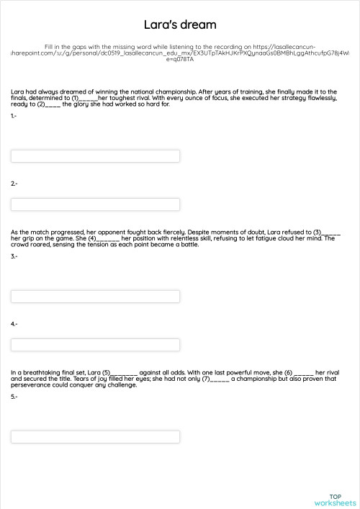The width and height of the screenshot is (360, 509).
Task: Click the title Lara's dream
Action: tap(180, 25)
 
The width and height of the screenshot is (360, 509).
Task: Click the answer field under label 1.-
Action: tap(95, 156)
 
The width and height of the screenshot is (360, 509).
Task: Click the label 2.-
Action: tap(14, 184)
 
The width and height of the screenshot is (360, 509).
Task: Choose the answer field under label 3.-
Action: tap(95, 297)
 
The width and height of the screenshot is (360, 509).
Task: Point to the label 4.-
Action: tap(14, 325)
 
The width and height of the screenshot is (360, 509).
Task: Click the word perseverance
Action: tap(32, 385)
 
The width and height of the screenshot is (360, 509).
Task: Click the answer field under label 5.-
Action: tap(95, 437)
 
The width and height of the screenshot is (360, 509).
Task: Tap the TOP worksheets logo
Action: tap(335, 500)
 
